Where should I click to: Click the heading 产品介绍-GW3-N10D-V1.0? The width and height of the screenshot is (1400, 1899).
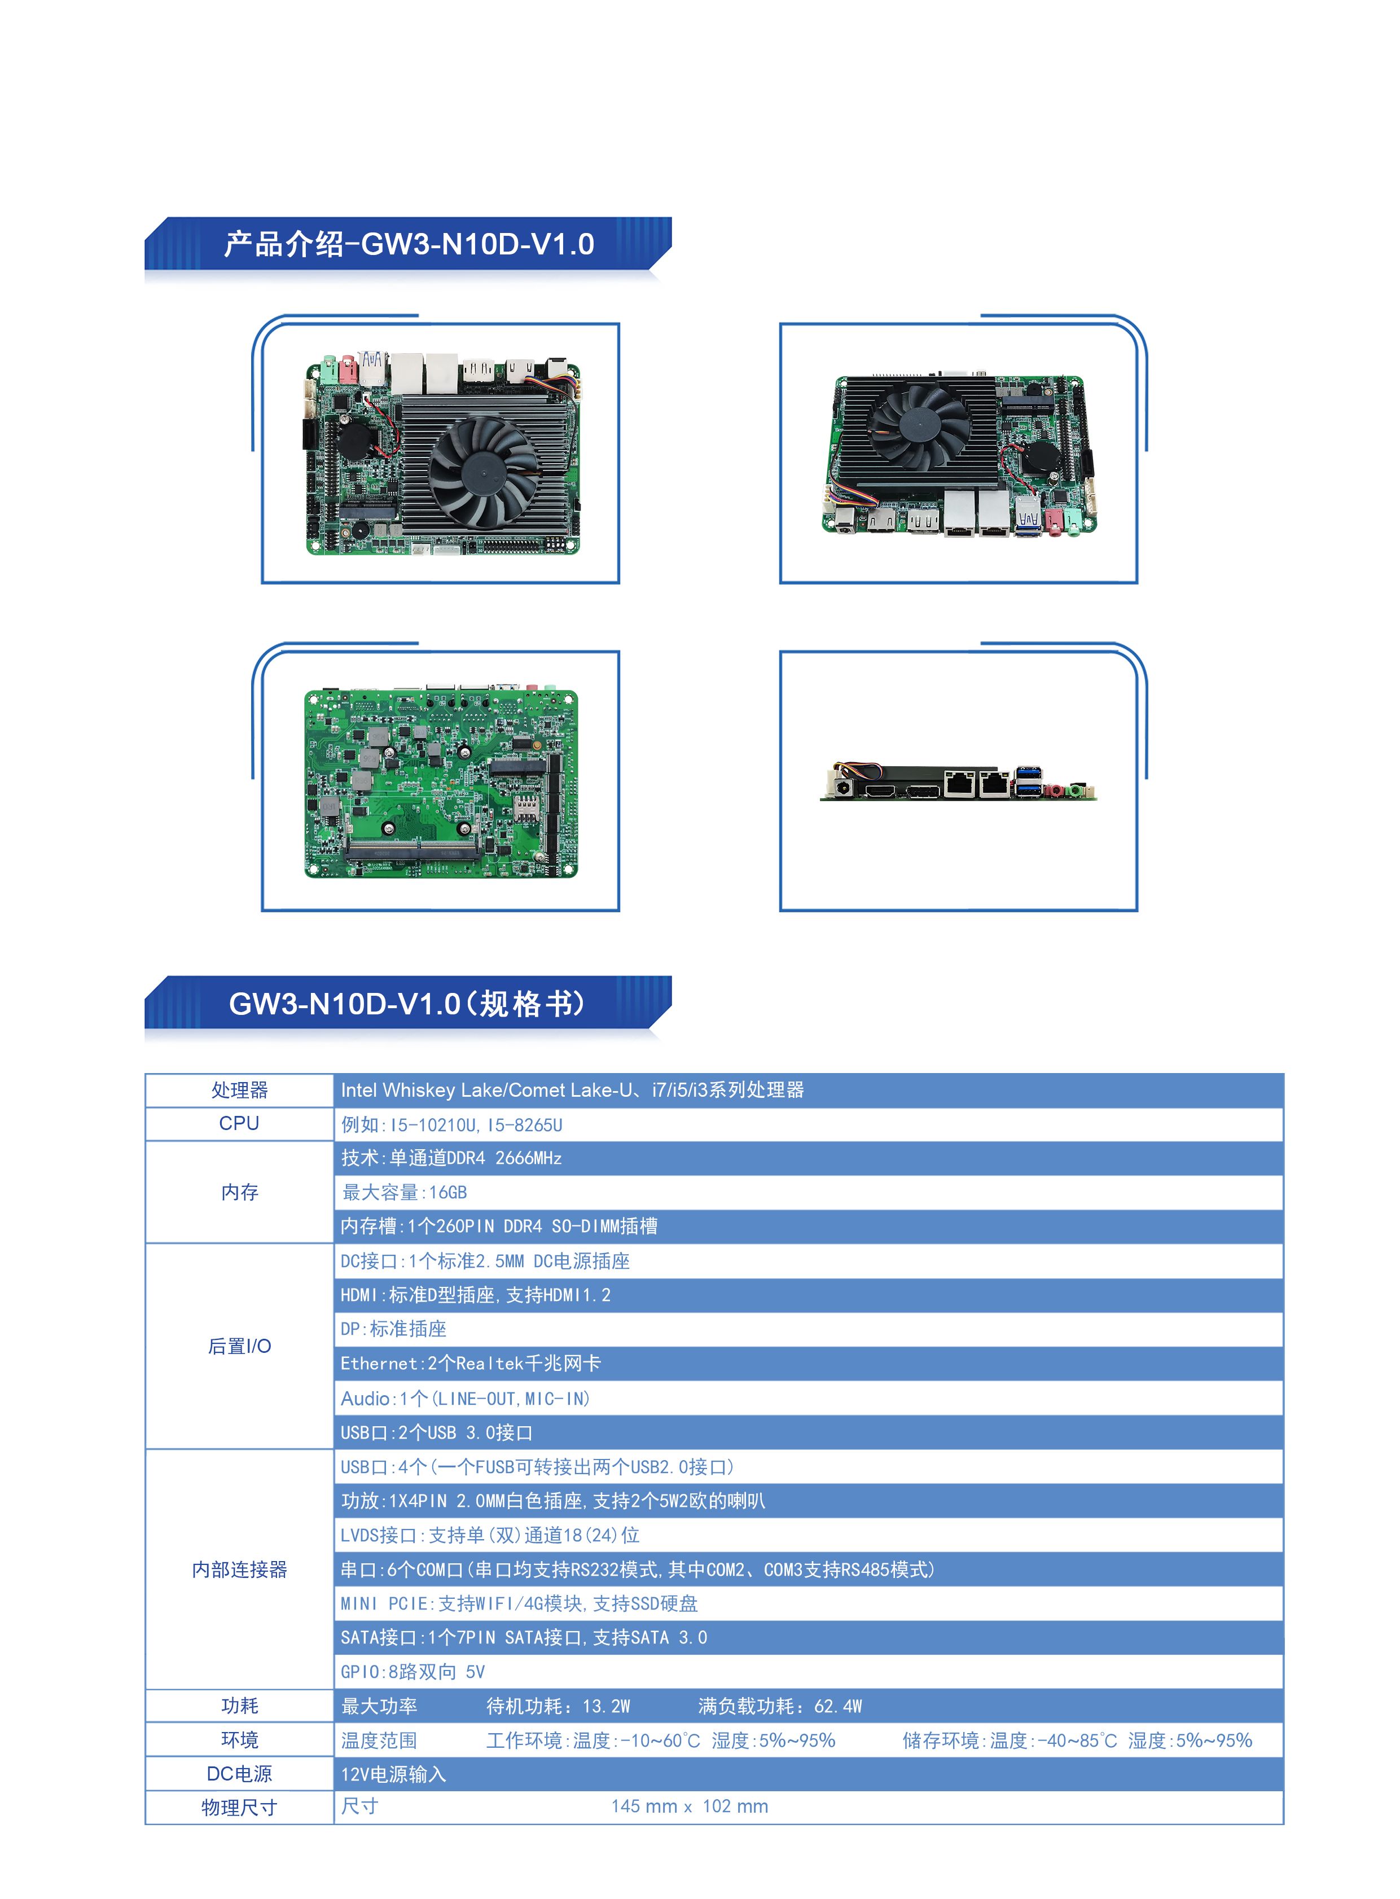click(x=409, y=244)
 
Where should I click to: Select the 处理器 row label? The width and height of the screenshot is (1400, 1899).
click(x=240, y=1090)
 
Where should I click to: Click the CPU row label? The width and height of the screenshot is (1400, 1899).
click(x=239, y=1124)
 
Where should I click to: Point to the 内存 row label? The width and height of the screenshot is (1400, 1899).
click(x=240, y=1192)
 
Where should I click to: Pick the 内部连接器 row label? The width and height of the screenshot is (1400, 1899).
click(x=240, y=1570)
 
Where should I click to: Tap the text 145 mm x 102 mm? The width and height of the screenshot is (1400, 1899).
click(x=690, y=1806)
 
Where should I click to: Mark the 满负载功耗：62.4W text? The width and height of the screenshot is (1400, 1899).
click(x=780, y=1706)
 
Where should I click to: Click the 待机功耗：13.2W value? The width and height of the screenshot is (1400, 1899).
click(x=559, y=1706)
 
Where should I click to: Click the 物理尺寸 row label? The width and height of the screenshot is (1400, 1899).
click(x=240, y=1808)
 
